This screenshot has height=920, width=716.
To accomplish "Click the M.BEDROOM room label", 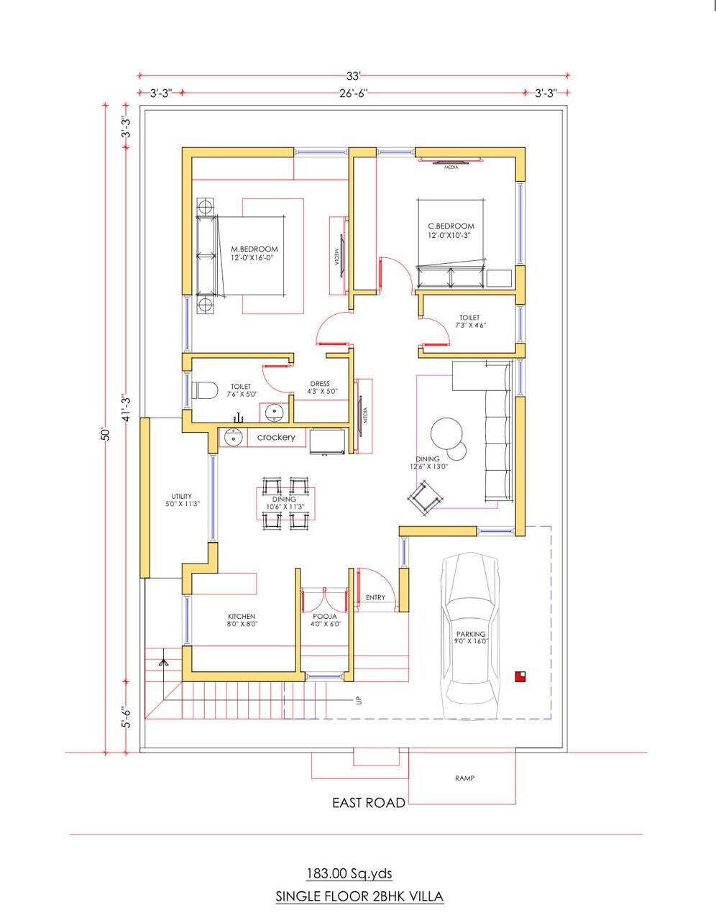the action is pyautogui.click(x=254, y=249).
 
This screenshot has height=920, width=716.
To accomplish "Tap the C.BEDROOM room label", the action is pyautogui.click(x=451, y=226).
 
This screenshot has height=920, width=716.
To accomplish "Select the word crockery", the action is pyautogui.click(x=276, y=437).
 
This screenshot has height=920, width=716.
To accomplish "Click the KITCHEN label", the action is pyautogui.click(x=242, y=616).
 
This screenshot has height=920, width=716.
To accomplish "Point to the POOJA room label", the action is pyautogui.click(x=325, y=617).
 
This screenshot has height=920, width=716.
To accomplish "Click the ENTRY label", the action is pyautogui.click(x=375, y=597).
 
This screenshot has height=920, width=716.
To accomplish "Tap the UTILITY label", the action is pyautogui.click(x=182, y=496).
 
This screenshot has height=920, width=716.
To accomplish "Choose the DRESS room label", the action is pyautogui.click(x=320, y=384).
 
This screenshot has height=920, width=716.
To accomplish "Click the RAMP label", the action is pyautogui.click(x=464, y=778).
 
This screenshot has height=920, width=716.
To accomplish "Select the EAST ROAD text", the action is pyautogui.click(x=369, y=802).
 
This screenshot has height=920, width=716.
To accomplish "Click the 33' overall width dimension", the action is pyautogui.click(x=353, y=75).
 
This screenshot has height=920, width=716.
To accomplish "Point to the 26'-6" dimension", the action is pyautogui.click(x=353, y=93).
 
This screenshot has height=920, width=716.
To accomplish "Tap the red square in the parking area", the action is pyautogui.click(x=520, y=676).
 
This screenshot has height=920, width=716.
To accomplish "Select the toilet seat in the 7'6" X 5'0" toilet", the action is pyautogui.click(x=204, y=390).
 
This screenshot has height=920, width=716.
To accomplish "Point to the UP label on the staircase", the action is pyautogui.click(x=359, y=700).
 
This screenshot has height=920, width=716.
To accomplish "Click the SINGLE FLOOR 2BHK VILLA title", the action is pyautogui.click(x=359, y=896).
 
